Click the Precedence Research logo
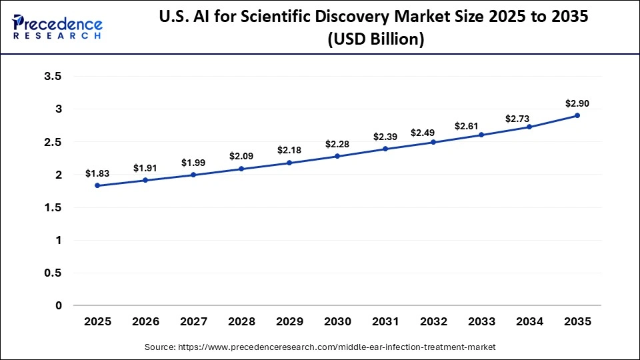57,27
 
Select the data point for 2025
97,185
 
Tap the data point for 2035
577,115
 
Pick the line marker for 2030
337,156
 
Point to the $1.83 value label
97,173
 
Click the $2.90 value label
577,103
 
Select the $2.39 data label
385,137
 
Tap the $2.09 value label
241,156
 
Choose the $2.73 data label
529,118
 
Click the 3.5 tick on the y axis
53,77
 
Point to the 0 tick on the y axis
58,306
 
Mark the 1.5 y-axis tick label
53,208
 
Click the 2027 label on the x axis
193,322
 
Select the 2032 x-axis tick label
433,322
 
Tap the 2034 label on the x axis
529,322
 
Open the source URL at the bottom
320,347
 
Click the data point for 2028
241,169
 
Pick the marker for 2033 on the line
481,135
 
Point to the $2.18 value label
289,150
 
